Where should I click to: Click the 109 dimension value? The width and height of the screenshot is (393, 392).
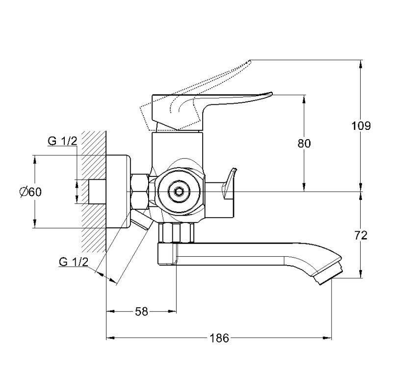coord(361,126)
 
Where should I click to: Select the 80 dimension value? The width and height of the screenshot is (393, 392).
coord(305,144)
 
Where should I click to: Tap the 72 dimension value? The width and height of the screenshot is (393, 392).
coord(361,235)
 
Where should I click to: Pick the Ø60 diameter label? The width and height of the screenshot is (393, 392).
coord(30,192)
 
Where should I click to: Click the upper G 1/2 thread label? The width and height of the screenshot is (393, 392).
coord(62,142)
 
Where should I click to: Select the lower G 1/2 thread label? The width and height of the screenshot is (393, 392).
coord(73,261)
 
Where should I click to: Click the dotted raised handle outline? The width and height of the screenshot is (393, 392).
coord(206,81)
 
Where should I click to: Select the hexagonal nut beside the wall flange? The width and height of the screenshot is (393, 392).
coord(141,191)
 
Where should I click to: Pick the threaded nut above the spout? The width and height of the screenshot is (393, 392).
coord(177,232)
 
